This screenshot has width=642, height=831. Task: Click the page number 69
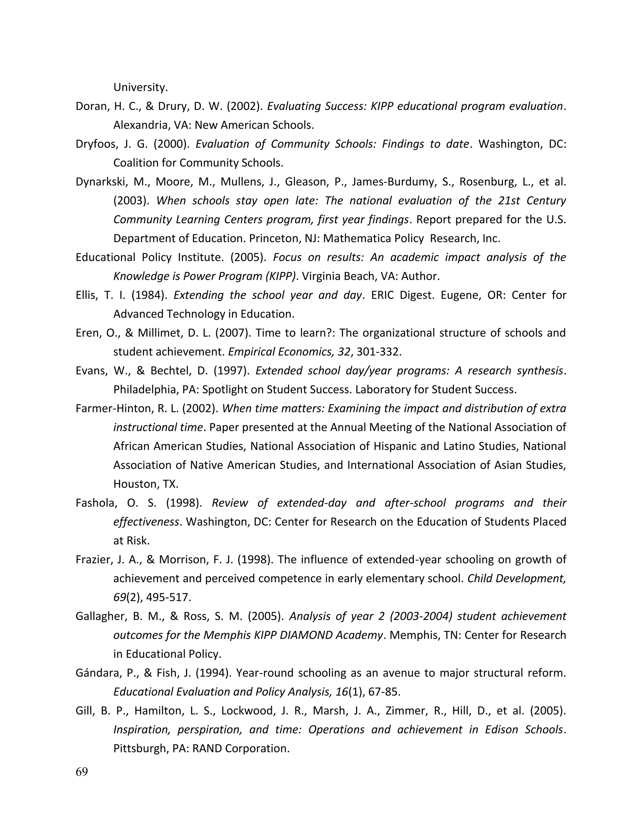click(x=82, y=772)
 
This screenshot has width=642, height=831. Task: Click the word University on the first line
click(x=140, y=87)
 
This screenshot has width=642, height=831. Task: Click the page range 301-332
click(x=378, y=352)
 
